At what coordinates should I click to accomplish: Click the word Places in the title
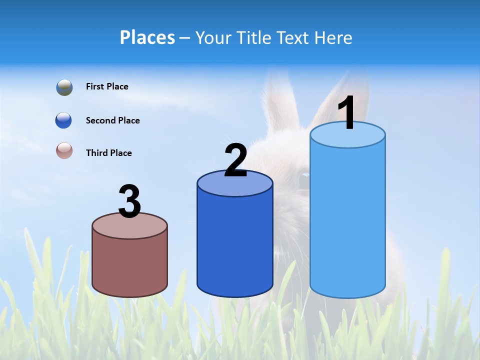tap(147, 37)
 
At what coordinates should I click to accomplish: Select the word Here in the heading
tap(334, 37)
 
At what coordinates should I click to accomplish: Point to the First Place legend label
tap(107, 86)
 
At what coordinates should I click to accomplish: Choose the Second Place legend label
tap(112, 120)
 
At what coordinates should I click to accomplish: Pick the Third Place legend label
tap(108, 153)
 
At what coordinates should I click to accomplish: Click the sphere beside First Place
tap(64, 87)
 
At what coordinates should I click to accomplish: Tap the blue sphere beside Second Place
tap(63, 120)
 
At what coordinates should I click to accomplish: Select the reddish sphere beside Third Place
tap(64, 150)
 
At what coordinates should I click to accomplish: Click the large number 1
tap(347, 113)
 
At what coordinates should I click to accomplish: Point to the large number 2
tap(236, 160)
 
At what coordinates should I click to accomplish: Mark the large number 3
tap(130, 201)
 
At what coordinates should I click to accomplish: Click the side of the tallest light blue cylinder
tap(347, 220)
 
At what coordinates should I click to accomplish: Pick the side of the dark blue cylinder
tap(235, 245)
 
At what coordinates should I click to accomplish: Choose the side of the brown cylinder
tap(130, 265)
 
